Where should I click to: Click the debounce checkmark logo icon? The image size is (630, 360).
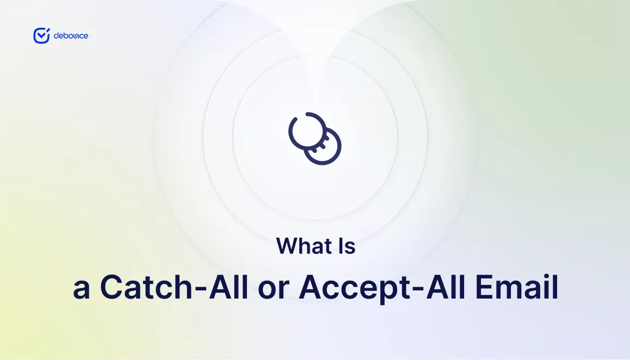click(41, 36)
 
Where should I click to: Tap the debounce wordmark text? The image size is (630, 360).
click(71, 36)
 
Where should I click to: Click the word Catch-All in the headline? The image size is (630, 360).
click(174, 287)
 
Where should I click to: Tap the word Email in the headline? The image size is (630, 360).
click(517, 287)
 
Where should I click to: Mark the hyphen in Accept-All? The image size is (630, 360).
click(419, 288)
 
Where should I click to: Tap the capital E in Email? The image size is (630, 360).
click(485, 287)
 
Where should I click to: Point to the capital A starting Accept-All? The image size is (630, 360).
click(311, 287)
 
